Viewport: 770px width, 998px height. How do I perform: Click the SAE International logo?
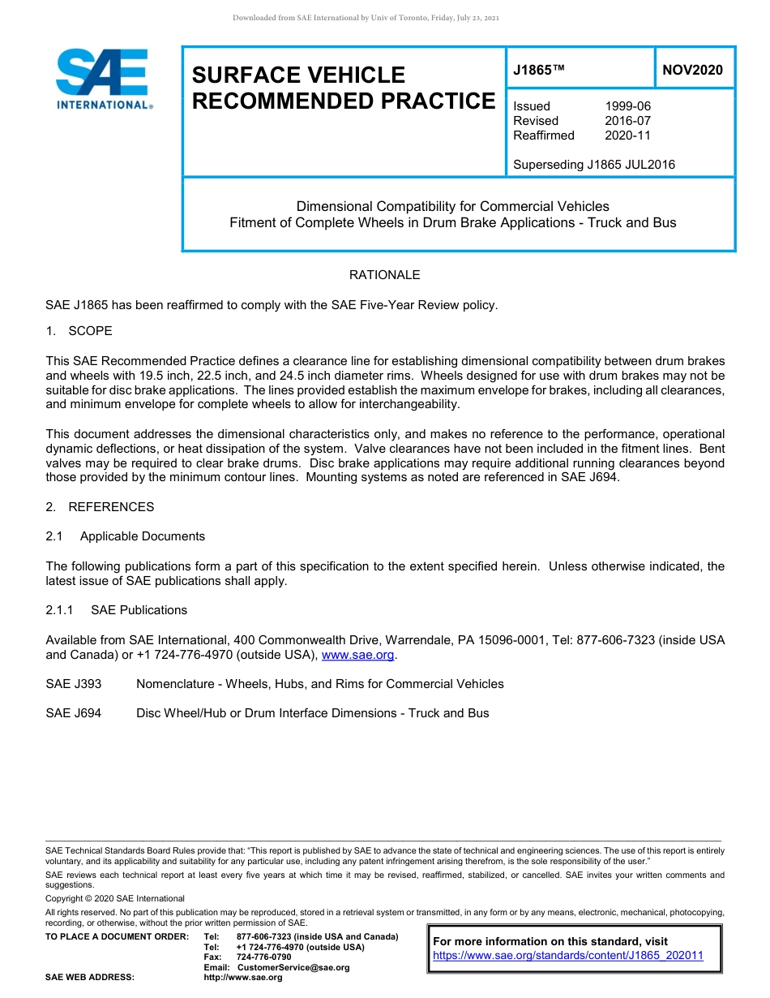103,79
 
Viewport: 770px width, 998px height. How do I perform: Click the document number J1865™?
538,71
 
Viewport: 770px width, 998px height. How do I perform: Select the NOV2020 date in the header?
692,71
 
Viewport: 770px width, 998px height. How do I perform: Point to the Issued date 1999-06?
627,106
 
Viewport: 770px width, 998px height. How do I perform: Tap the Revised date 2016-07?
627,121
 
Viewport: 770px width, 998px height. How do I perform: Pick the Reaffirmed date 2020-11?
627,136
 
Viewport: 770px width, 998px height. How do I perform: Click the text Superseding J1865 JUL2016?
593,165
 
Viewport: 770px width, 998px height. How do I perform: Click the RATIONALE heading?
384,275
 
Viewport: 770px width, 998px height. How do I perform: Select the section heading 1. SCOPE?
79,331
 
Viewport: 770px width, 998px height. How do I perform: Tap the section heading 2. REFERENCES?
100,507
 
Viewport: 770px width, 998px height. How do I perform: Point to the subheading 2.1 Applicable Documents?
126,536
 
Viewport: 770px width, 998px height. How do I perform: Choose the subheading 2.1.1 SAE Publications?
116,610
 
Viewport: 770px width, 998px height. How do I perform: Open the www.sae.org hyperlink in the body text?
357,656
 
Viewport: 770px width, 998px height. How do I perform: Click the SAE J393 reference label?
74,684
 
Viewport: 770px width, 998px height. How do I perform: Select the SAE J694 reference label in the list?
74,713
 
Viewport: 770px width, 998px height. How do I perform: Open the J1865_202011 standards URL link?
568,956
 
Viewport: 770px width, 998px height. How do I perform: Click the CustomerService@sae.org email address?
293,967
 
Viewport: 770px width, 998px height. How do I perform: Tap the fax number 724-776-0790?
263,957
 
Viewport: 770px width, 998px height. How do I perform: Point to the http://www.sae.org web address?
242,978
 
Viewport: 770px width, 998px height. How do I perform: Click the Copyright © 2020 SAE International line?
115,898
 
